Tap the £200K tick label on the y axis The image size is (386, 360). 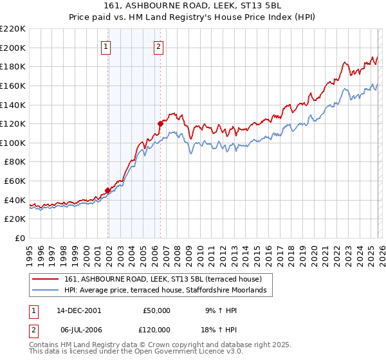(14, 48)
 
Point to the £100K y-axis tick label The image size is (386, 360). (14, 143)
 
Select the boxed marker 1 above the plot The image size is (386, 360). (106, 46)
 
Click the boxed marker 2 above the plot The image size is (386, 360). (158, 46)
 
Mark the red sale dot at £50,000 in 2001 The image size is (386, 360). (107, 190)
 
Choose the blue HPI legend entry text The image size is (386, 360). (169, 291)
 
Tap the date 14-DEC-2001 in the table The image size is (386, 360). (79, 310)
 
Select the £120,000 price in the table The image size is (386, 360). (156, 328)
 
